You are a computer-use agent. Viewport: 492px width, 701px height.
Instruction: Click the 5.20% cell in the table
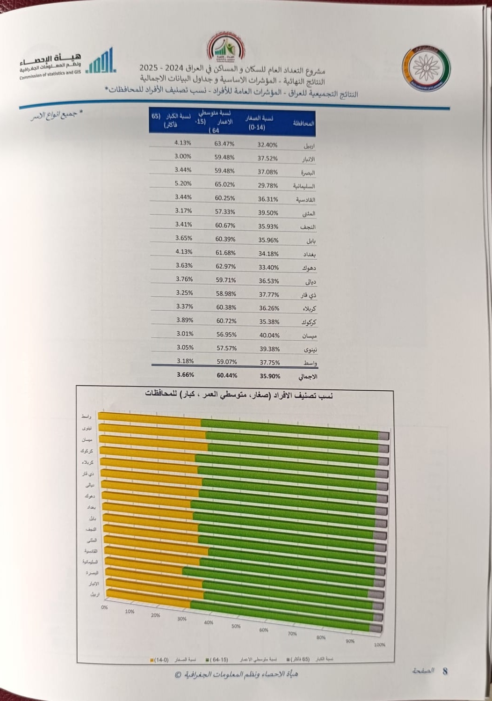tap(183, 183)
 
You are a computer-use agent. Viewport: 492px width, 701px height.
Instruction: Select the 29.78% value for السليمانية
tap(268, 185)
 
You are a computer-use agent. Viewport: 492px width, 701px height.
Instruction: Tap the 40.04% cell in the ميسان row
tap(269, 335)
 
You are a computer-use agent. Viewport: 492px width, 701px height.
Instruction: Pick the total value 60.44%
tap(227, 375)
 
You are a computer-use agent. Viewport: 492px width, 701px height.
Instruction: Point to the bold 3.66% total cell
tap(185, 374)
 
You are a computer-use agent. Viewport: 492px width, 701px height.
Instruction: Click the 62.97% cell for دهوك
tap(225, 266)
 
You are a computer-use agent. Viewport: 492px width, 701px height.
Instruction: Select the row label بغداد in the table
tap(310, 254)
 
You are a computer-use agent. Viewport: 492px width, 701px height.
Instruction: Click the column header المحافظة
tap(304, 124)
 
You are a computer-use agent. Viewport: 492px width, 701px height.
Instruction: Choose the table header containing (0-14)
tap(258, 123)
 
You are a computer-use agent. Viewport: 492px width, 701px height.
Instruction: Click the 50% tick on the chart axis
tap(236, 626)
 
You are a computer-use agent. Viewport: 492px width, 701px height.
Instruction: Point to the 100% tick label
tap(379, 644)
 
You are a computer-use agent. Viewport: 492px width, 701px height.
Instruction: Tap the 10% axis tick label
tap(130, 611)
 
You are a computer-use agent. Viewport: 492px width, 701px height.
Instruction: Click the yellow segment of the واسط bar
tap(150, 419)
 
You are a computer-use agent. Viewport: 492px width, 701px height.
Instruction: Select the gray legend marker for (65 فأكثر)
tap(288, 660)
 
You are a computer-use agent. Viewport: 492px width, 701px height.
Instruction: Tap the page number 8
tap(445, 671)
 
